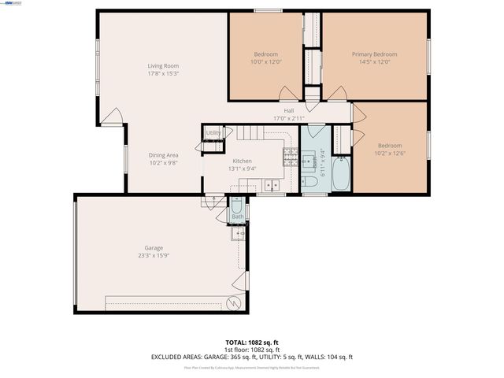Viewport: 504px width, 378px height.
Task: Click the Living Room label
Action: pos(164,65)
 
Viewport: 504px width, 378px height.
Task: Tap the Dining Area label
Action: pos(164,155)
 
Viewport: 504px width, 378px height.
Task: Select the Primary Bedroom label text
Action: pos(374,54)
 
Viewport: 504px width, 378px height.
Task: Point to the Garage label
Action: pos(154,248)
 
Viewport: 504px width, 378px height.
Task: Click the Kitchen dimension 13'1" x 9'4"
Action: pos(242,169)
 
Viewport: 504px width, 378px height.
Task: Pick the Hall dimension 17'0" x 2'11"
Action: pos(289,118)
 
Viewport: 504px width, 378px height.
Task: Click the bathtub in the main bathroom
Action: pos(340,176)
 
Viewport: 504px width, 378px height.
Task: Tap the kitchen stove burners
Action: pos(288,160)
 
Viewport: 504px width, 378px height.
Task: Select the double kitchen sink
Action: pos(272,186)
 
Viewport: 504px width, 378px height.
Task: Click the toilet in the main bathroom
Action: pos(310,182)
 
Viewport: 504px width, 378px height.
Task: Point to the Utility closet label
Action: pos(213,133)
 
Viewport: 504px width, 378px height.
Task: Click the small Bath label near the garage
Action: pos(237,216)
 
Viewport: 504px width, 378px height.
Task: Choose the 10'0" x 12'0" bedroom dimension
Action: pos(265,61)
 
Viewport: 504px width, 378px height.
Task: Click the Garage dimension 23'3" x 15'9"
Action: pos(154,255)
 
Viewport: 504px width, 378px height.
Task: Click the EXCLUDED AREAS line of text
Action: pos(252,357)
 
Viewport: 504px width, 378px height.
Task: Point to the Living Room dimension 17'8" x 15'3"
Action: pos(164,73)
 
